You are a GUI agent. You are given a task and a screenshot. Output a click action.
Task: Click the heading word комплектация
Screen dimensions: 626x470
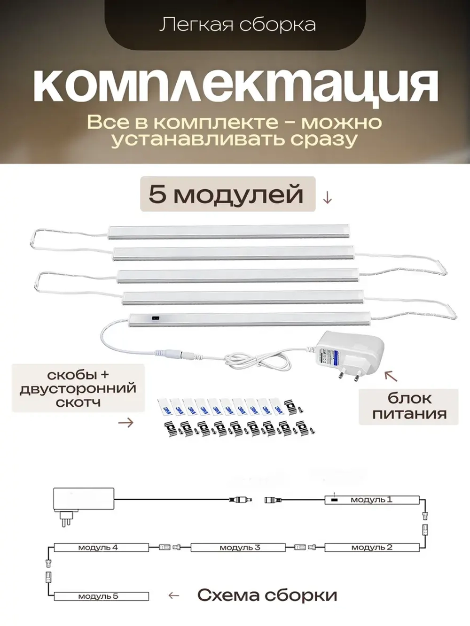click(x=235, y=85)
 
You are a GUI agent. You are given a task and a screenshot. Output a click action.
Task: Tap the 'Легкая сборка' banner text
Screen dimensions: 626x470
click(x=237, y=25)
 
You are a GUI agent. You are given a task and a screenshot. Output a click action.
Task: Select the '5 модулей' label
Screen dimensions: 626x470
click(x=227, y=194)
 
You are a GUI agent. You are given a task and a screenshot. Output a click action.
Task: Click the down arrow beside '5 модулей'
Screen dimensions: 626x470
click(x=328, y=198)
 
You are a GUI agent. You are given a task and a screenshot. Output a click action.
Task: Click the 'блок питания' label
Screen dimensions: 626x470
click(x=409, y=406)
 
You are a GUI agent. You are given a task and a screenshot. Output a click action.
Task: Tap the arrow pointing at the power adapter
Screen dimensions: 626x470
click(x=391, y=376)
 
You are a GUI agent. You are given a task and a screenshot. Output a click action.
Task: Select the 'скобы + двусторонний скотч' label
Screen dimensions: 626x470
click(x=78, y=388)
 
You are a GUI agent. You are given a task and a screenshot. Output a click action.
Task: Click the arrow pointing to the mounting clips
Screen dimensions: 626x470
click(x=125, y=423)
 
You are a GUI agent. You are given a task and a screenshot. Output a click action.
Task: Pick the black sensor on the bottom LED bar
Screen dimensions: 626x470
click(x=154, y=319)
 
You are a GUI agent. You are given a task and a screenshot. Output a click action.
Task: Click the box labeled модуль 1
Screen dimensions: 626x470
click(x=371, y=500)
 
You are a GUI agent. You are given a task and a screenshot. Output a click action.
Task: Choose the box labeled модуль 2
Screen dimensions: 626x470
click(x=371, y=547)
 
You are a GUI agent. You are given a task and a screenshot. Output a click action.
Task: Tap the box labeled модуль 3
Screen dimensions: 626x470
click(x=238, y=547)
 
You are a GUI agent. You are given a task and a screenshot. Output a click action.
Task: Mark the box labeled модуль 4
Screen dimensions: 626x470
click(x=101, y=547)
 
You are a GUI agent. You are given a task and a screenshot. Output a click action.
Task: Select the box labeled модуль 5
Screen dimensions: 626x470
click(x=101, y=596)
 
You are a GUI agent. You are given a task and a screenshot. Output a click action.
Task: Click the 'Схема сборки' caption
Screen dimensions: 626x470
click(x=267, y=595)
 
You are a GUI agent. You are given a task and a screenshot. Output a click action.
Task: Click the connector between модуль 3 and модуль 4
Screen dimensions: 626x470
click(x=170, y=547)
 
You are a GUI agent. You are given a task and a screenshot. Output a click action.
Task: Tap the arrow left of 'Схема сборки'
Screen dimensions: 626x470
click(x=174, y=595)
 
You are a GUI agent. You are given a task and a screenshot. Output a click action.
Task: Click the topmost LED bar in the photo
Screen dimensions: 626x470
click(x=229, y=231)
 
